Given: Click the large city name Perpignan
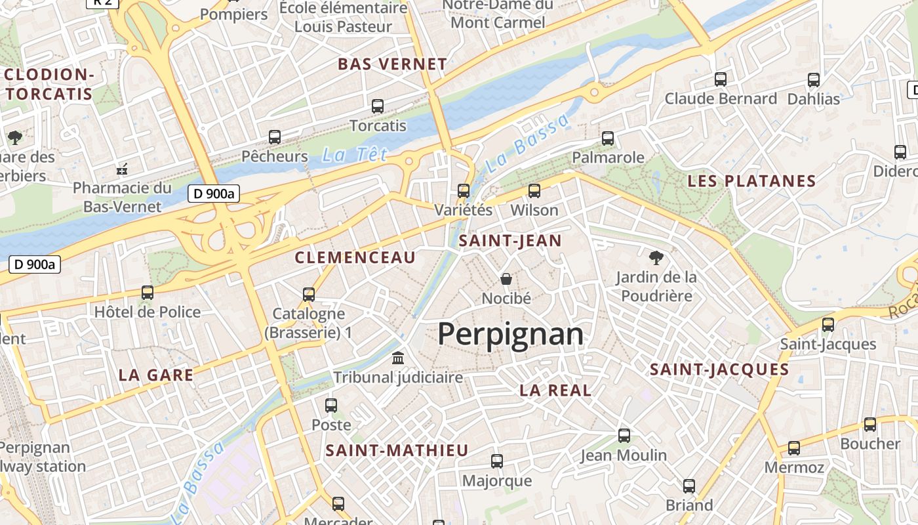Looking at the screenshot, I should (510, 334).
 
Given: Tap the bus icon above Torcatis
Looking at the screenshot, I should (378, 106).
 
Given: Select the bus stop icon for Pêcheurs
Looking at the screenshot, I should (275, 137).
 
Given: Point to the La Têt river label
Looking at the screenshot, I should (355, 155).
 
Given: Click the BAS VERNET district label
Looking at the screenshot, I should (392, 64).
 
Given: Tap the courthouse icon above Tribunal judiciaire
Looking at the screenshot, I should (398, 358).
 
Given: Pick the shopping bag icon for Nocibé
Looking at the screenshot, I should (506, 279).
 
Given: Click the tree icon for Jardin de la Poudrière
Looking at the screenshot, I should (656, 257).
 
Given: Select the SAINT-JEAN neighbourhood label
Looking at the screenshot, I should (510, 241).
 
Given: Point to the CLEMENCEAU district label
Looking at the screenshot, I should (355, 257).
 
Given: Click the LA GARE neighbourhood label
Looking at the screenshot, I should (156, 375).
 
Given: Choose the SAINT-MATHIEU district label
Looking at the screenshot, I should (397, 450).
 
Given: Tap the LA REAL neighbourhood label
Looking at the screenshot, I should (555, 390).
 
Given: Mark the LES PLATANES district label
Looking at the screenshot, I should (751, 181).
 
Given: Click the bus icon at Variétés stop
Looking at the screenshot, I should (464, 191).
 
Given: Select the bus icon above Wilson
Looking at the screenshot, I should (534, 191).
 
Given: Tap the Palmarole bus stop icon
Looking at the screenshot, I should (608, 138).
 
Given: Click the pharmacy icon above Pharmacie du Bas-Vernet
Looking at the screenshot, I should (122, 169).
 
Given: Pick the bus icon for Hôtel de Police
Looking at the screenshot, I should (148, 293).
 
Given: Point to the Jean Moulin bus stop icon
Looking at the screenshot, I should (624, 435).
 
